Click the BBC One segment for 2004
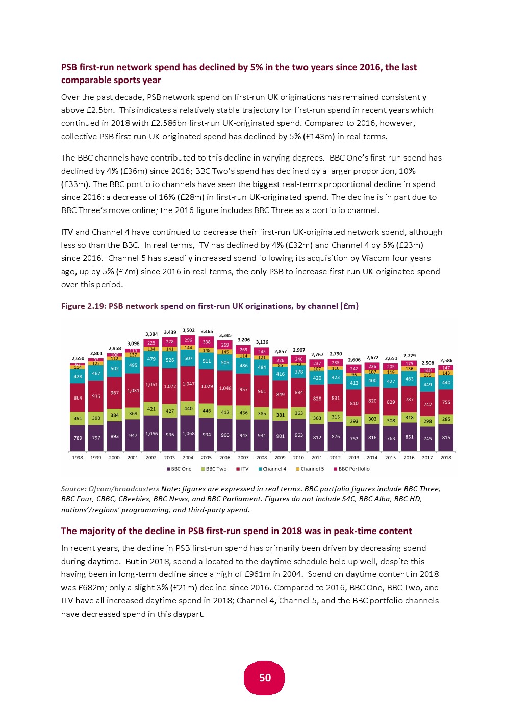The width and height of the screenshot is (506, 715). [188, 433]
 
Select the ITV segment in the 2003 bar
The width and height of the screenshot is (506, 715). [170, 386]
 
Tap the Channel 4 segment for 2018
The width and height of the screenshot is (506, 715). [446, 382]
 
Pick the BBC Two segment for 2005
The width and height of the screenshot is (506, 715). [207, 411]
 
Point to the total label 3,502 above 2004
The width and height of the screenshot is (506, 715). [188, 330]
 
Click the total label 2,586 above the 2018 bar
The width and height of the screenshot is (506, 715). [446, 360]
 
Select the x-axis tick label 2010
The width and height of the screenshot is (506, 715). [298, 458]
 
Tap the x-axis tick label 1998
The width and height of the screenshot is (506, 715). [78, 458]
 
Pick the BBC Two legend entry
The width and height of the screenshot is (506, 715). [216, 469]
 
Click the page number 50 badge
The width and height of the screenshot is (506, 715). [265, 678]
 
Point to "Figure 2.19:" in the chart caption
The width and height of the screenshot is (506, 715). [83, 306]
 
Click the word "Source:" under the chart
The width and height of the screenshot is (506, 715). [73, 489]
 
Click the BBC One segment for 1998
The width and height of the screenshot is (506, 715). [78, 438]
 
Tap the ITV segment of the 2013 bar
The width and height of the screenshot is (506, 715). [354, 403]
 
